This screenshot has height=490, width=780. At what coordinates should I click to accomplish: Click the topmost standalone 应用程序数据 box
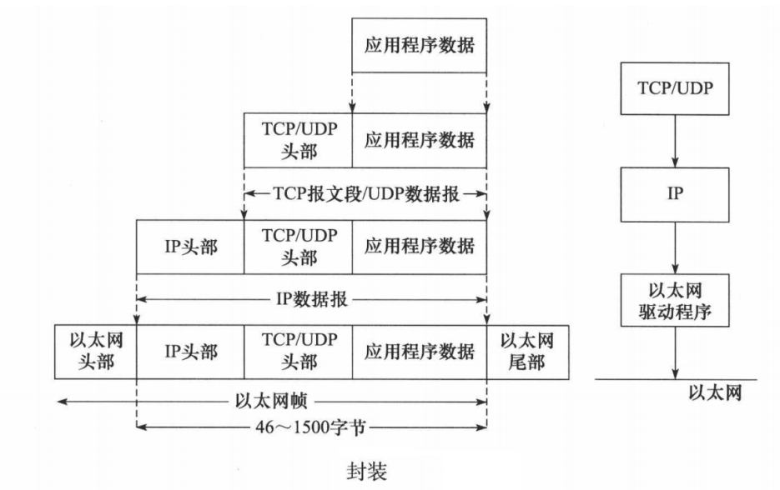[419, 45]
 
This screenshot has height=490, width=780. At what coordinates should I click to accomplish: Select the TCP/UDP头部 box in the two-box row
[298, 139]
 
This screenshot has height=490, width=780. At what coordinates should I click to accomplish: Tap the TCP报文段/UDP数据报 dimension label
[365, 192]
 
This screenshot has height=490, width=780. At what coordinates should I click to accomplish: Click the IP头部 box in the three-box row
[190, 247]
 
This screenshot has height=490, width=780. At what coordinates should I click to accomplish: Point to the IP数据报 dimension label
[311, 299]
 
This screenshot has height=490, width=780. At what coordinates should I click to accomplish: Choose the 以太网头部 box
[95, 352]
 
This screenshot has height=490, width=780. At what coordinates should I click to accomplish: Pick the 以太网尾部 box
[527, 352]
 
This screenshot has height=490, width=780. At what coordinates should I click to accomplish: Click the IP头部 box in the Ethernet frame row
[190, 352]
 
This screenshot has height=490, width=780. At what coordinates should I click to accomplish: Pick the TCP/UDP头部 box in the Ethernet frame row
[298, 352]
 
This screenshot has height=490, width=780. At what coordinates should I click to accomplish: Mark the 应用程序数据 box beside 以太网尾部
[419, 352]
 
